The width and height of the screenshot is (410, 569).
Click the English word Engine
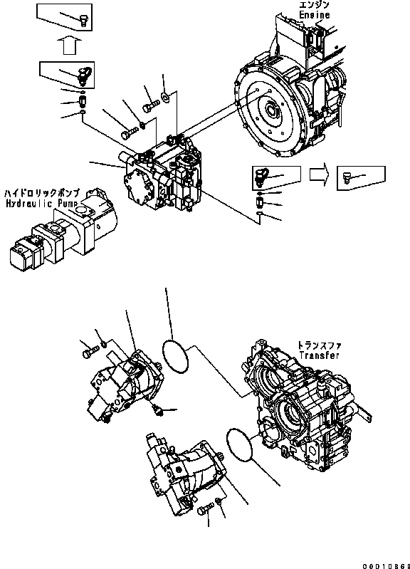click(x=315, y=15)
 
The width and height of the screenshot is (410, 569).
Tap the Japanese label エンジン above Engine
click(x=315, y=6)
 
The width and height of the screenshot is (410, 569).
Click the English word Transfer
click(x=319, y=355)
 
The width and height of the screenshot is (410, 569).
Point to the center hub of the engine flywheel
click(x=272, y=110)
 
